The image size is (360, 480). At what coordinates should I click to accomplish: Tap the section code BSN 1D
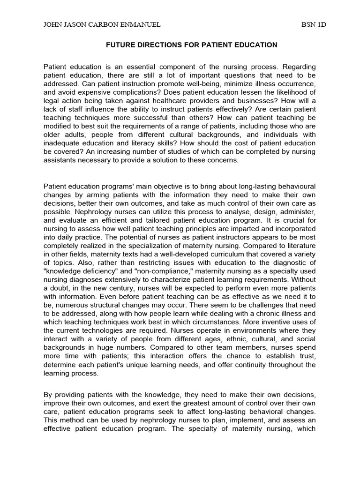pos(314,25)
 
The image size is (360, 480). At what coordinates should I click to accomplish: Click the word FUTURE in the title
pos(119,45)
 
